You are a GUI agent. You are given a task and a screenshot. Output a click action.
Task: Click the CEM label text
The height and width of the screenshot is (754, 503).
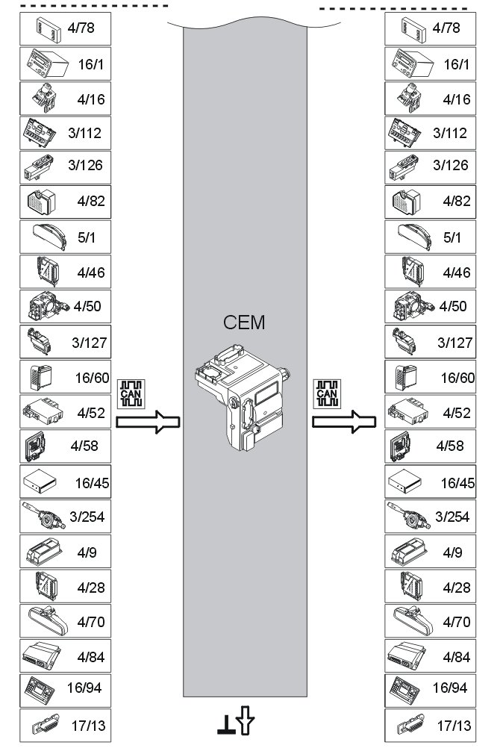(x=244, y=323)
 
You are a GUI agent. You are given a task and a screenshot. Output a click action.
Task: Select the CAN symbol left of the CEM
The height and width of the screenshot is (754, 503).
(x=131, y=393)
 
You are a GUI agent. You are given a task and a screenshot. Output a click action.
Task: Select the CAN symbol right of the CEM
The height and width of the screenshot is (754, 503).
(x=327, y=393)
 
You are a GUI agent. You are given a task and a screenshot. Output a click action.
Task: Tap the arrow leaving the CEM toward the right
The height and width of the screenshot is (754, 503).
(x=344, y=423)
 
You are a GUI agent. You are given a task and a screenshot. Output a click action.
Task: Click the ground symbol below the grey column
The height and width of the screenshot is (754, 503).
(x=224, y=725)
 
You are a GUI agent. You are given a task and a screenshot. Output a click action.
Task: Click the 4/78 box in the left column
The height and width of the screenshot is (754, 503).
(x=66, y=29)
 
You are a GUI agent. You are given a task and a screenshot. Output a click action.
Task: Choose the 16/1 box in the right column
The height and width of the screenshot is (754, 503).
(x=431, y=64)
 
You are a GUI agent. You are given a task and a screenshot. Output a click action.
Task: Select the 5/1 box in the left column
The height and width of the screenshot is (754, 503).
(x=66, y=237)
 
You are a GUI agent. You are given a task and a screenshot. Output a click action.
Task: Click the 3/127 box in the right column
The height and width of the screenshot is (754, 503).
(x=431, y=342)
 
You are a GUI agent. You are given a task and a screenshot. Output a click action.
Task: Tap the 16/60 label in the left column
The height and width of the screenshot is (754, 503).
(x=93, y=378)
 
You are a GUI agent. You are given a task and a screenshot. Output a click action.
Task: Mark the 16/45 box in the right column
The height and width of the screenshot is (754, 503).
(x=431, y=482)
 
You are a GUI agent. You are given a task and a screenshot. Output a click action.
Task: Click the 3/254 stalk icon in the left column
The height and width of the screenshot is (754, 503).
(x=40, y=515)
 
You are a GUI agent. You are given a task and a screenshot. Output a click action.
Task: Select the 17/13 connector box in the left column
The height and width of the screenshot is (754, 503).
(x=66, y=724)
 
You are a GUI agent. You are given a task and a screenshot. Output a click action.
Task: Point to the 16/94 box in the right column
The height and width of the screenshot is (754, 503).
(x=431, y=688)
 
